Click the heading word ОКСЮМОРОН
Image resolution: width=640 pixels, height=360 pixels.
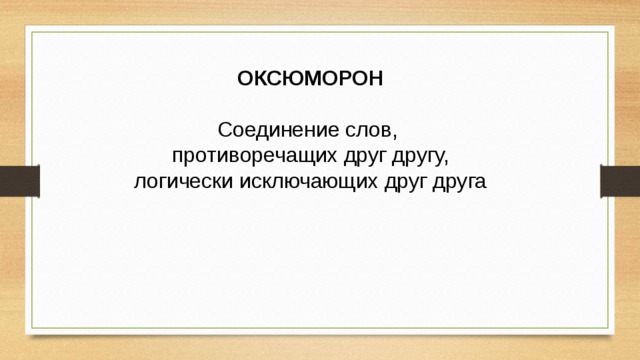(x=310, y=79)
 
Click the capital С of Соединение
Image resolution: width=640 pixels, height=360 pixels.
(x=225, y=131)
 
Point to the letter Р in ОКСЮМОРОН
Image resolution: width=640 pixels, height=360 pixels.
(x=338, y=79)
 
